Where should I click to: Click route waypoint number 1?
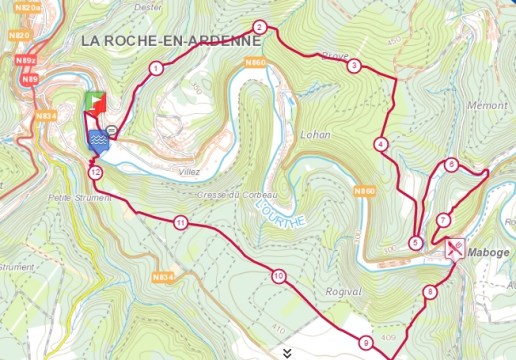(x=156, y=69)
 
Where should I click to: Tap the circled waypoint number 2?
(x=259, y=27)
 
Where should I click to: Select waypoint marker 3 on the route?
(x=354, y=67)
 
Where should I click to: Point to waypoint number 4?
(x=381, y=145)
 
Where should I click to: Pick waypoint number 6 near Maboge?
(x=452, y=165)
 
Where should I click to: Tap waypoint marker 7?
(x=443, y=221)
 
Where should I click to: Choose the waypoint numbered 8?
(x=430, y=293)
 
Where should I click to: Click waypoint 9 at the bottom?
(x=367, y=343)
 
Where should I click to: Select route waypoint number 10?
(x=277, y=276)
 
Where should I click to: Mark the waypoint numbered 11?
(x=180, y=222)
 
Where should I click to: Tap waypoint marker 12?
(x=95, y=172)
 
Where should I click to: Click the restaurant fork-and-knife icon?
(x=454, y=248)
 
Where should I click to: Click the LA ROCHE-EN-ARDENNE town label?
(x=170, y=41)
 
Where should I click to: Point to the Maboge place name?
(x=489, y=254)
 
